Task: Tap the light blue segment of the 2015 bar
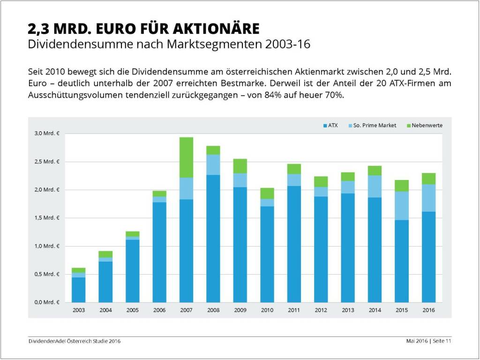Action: [x=402, y=206]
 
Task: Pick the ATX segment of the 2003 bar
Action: [x=78, y=290]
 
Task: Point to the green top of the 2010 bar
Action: [x=267, y=193]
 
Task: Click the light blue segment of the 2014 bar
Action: [x=375, y=186]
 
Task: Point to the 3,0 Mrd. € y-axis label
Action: [x=47, y=134]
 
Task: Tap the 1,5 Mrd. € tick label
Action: [x=47, y=218]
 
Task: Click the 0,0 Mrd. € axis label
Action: [x=47, y=302]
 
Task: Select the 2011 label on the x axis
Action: [x=294, y=310]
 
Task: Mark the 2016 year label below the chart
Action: [x=428, y=310]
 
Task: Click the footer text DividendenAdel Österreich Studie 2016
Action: [x=74, y=341]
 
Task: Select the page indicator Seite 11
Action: [x=442, y=341]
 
